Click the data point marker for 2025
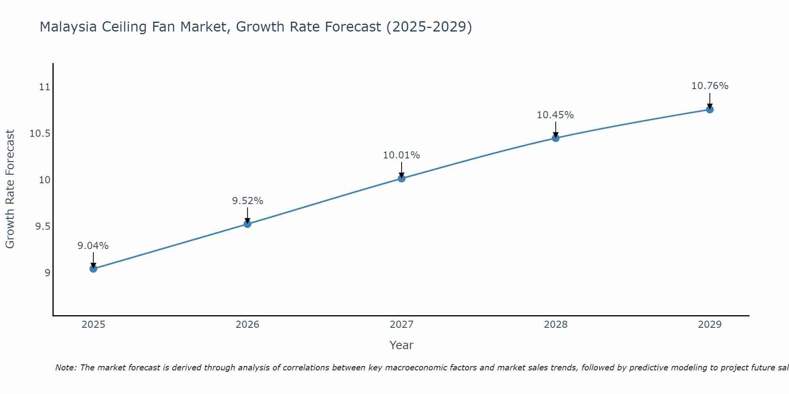(x=93, y=269)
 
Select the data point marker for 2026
(x=247, y=224)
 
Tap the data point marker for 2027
(x=402, y=178)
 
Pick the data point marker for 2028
(x=555, y=138)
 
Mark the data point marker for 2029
(x=710, y=110)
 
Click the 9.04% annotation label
(x=93, y=246)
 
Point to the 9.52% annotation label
(x=247, y=201)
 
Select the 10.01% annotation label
(x=402, y=155)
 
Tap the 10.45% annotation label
(x=555, y=115)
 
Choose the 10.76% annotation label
(x=710, y=86)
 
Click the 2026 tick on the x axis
(x=247, y=325)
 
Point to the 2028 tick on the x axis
(x=555, y=325)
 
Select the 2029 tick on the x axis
(x=710, y=325)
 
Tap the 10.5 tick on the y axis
(x=40, y=134)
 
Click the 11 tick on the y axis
(x=45, y=87)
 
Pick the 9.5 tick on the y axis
(x=43, y=227)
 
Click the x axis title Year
(x=401, y=345)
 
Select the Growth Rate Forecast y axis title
(x=10, y=189)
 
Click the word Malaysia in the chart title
(x=68, y=27)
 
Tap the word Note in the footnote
(x=65, y=368)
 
